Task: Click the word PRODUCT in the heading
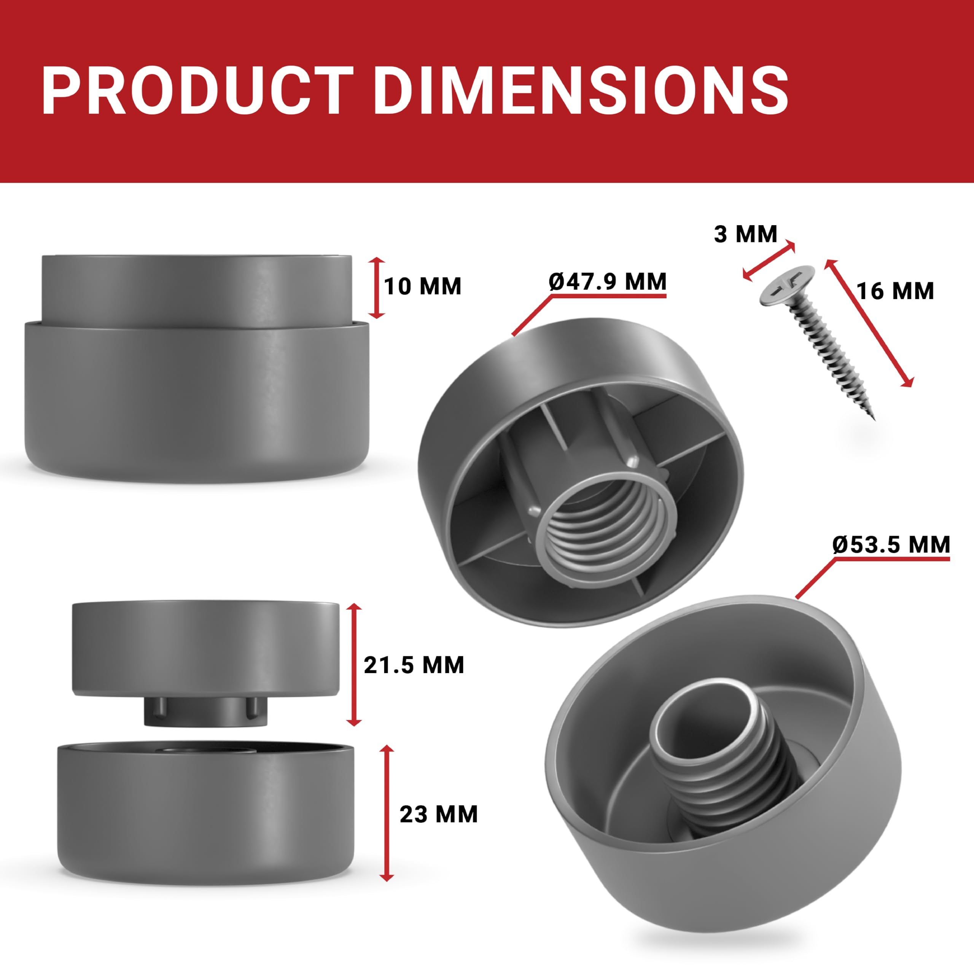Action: point(197,91)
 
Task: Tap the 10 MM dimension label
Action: point(422,286)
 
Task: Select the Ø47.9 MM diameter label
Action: point(608,281)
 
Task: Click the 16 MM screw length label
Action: point(895,291)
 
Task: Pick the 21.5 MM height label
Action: point(414,665)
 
